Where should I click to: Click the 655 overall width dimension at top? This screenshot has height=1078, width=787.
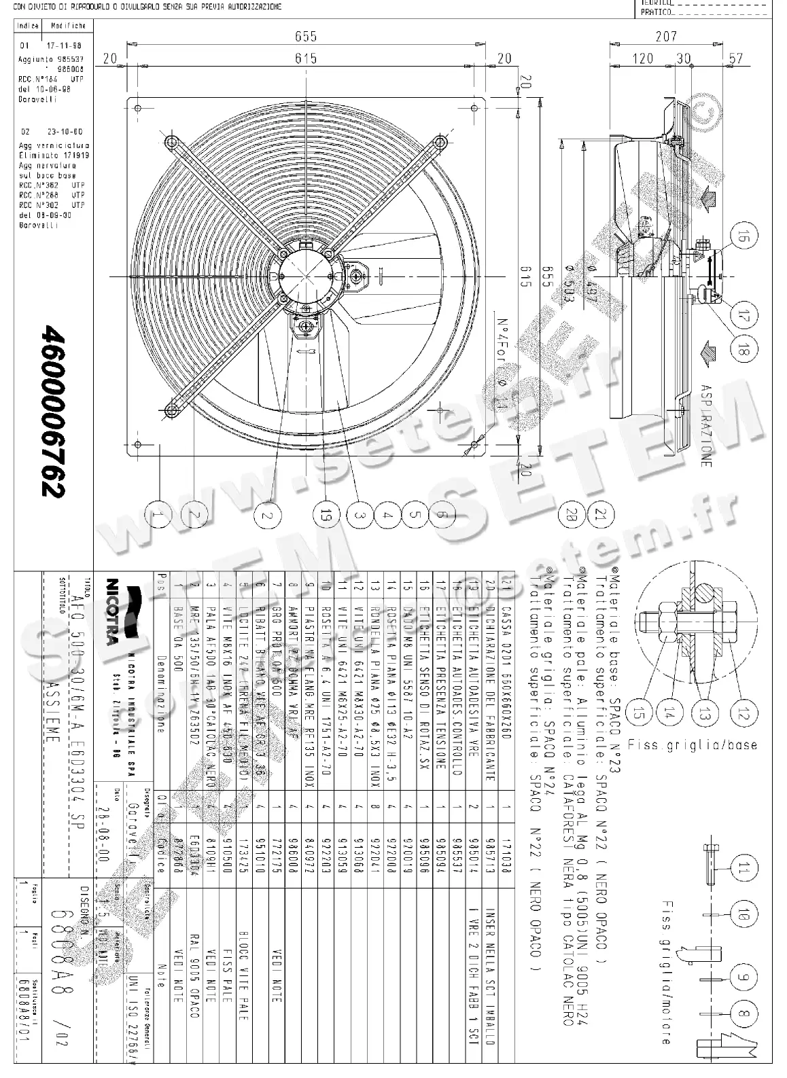pos(306,36)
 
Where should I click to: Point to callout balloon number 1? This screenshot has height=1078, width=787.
pos(158,516)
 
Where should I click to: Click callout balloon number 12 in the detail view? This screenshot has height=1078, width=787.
pos(744,713)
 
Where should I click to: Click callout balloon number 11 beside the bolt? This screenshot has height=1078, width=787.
pos(744,865)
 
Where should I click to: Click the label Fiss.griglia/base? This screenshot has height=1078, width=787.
pos(692,744)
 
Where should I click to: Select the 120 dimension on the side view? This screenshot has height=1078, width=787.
pos(643,58)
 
